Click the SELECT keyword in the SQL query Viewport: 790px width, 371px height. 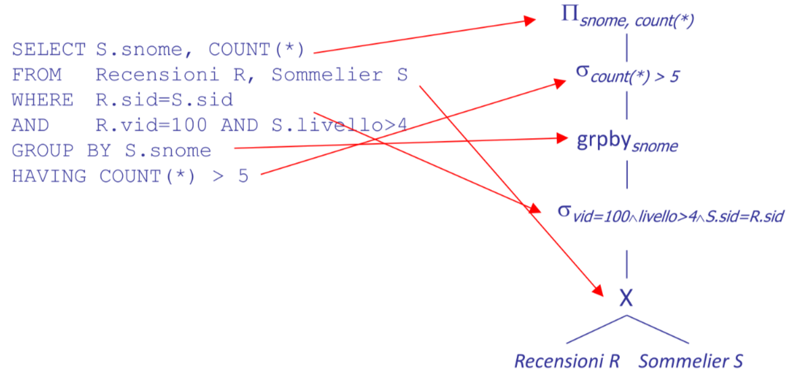pyautogui.click(x=49, y=50)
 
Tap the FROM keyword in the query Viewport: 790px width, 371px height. pyautogui.click(x=36, y=75)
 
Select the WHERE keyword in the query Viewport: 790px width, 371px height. pyautogui.click(x=43, y=100)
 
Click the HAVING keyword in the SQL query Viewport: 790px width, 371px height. pyautogui.click(x=49, y=176)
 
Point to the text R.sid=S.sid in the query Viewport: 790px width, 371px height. pyautogui.click(x=164, y=100)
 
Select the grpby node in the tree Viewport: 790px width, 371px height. pyautogui.click(x=627, y=143)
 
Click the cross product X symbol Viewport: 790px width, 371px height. pyautogui.click(x=626, y=299)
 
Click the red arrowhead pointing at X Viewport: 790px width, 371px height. pyautogui.click(x=598, y=290)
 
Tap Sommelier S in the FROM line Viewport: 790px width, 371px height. pyautogui.click(x=339, y=75)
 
